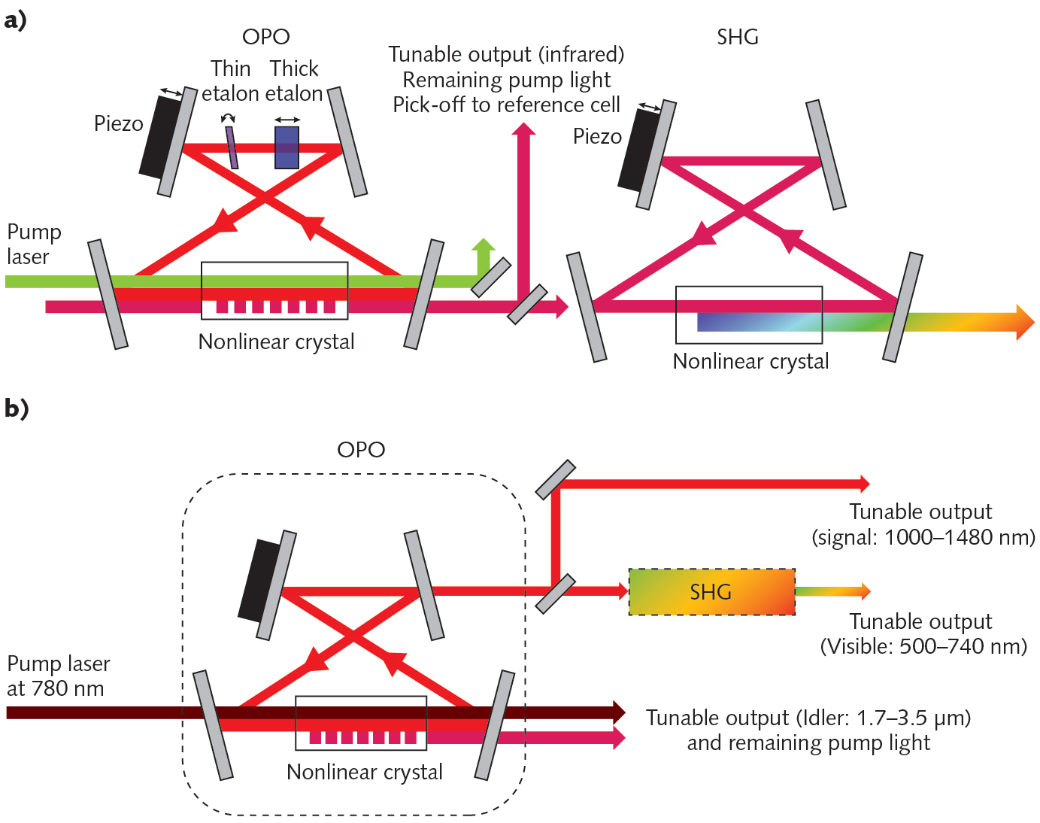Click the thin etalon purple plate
[232, 147]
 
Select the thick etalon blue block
[287, 147]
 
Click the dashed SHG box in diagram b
[711, 592]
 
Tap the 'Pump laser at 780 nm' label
[58, 676]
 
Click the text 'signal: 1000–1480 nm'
[923, 537]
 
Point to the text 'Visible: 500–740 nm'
[923, 646]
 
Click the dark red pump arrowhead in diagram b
[619, 712]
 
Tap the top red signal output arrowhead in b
[865, 484]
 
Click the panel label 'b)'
[16, 408]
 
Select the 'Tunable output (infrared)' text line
[506, 54]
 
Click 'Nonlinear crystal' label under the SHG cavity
[750, 361]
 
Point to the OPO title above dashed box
[361, 449]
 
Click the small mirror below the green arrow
[491, 277]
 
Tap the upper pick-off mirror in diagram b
[556, 480]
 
